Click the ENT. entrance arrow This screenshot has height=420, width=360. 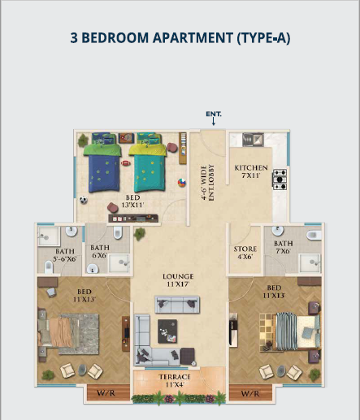(x=214, y=121)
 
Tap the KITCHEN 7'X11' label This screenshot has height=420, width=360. (x=251, y=171)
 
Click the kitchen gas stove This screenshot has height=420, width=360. (x=280, y=180)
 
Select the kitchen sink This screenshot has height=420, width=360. (x=253, y=140)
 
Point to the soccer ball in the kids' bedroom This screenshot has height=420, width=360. (x=84, y=200)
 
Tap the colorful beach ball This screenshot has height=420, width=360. (x=182, y=183)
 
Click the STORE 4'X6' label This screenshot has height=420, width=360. (x=245, y=253)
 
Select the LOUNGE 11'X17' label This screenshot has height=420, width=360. (x=178, y=280)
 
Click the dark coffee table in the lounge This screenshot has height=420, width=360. (x=167, y=331)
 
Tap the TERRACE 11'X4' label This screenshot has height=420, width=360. (x=175, y=380)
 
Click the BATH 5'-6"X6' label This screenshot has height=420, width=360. (x=65, y=255)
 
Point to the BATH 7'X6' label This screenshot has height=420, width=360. (x=284, y=247)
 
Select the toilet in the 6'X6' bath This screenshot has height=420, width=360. (x=118, y=232)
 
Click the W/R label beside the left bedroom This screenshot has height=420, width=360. (x=106, y=393)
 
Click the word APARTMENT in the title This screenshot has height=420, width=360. (x=193, y=37)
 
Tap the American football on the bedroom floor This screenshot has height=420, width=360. (x=125, y=163)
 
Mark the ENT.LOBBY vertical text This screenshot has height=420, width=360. (x=211, y=183)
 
